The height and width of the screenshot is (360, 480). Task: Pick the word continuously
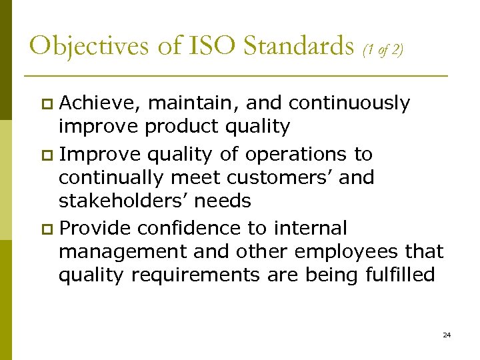(x=349, y=103)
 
